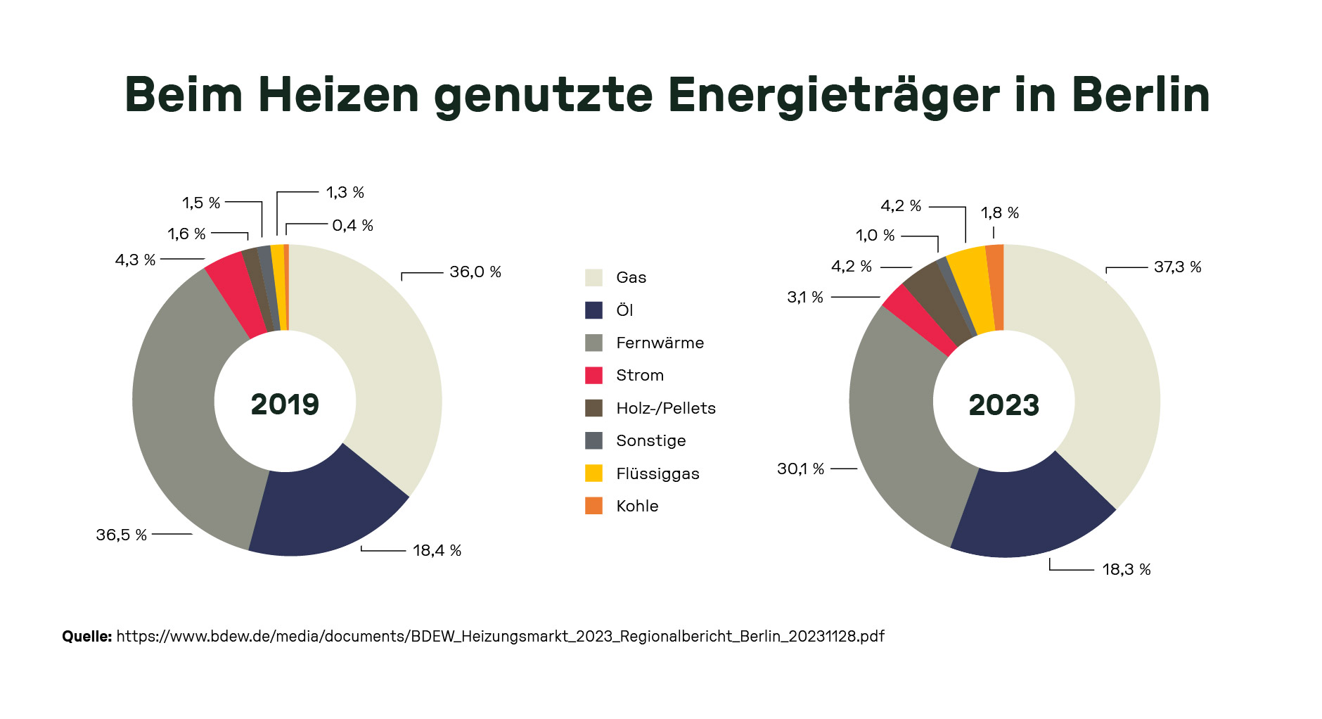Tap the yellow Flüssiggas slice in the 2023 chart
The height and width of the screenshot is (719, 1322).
point(972,288)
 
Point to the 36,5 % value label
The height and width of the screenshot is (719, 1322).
point(121,535)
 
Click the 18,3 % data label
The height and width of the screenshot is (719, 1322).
point(1126,569)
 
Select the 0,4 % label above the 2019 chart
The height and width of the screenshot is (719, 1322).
point(352,225)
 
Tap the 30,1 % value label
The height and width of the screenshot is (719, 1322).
point(800,469)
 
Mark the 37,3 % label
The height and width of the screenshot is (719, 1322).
point(1177,267)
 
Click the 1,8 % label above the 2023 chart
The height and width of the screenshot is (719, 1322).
point(999,212)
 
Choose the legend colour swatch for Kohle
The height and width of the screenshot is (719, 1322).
point(593,506)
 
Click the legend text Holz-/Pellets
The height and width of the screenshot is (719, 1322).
point(665,408)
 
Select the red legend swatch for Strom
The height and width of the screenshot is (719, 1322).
point(593,375)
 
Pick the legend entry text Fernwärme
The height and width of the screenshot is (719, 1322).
point(660,343)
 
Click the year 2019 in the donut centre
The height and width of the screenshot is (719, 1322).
point(285,404)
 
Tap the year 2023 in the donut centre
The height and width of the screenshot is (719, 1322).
point(1003,405)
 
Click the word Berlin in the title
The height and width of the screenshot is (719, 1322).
point(1140,94)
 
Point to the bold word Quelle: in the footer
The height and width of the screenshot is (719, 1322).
point(86,636)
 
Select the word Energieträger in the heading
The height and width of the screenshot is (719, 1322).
point(833,94)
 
